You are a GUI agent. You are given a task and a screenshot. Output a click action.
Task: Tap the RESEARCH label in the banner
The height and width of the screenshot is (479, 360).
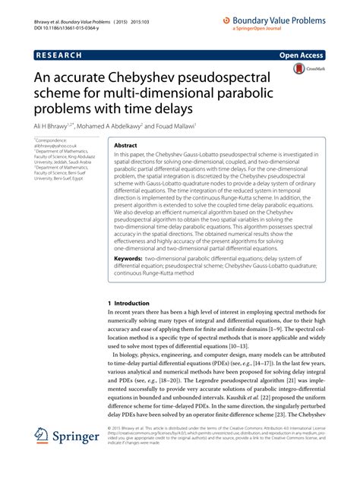(60, 55)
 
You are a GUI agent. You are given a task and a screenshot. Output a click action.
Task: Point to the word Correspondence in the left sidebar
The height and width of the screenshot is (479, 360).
(52, 140)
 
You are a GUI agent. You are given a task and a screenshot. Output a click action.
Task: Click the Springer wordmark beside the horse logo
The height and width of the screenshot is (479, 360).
(77, 459)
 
